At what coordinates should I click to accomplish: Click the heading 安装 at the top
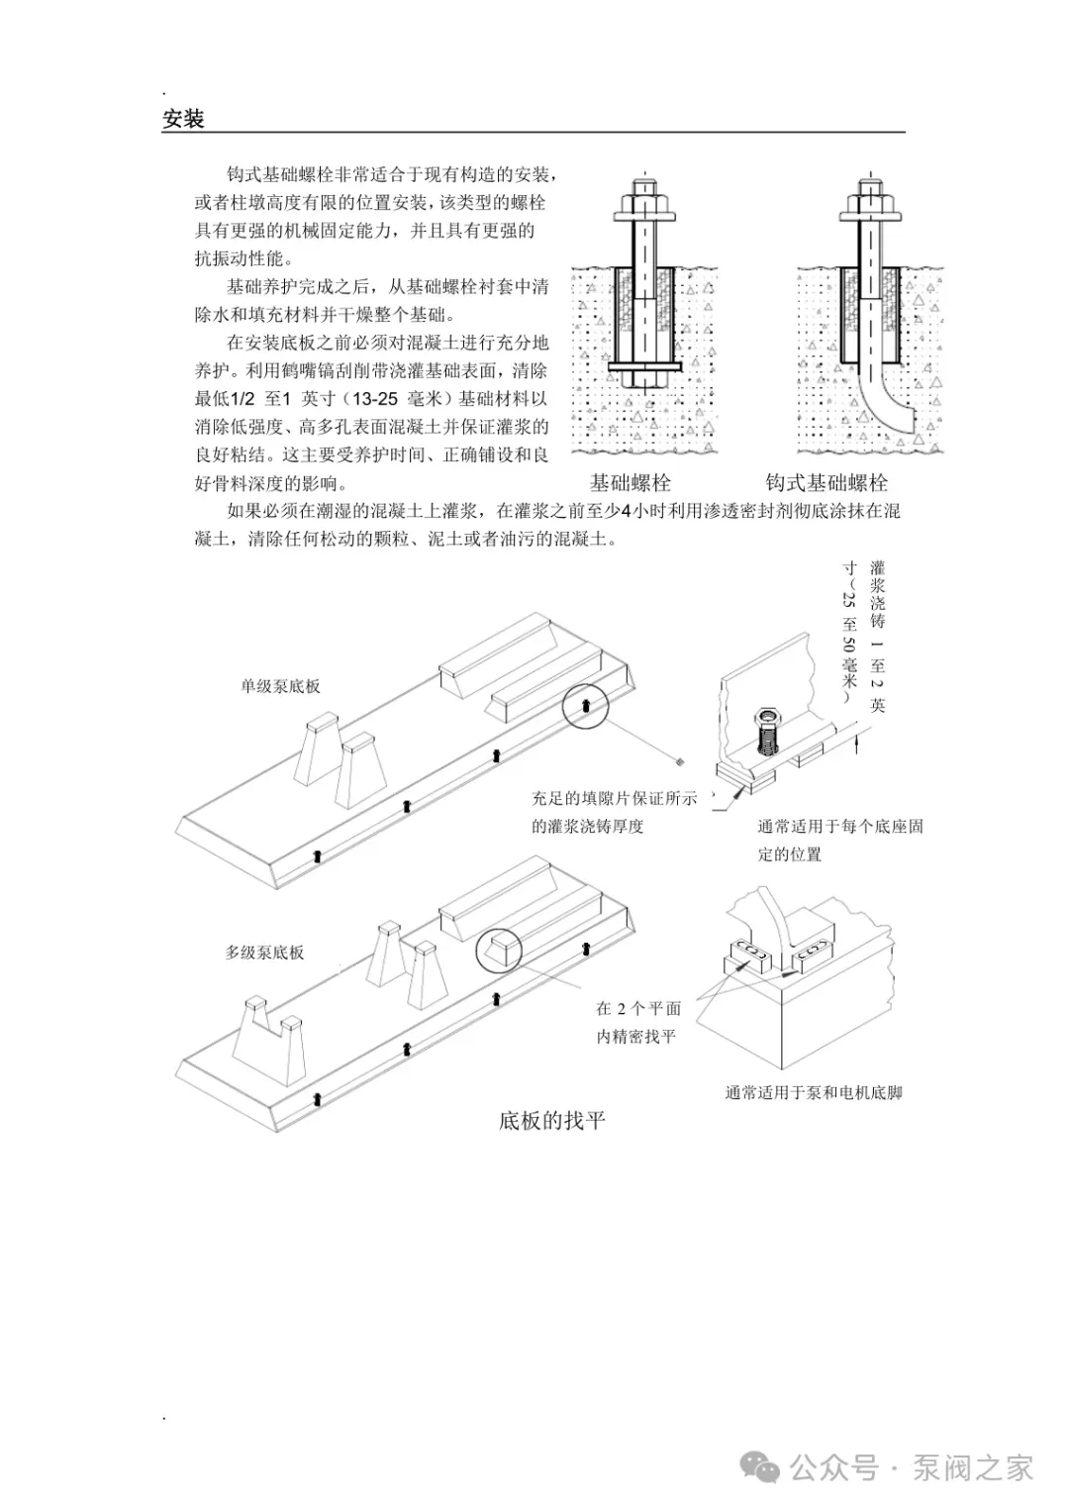coord(183,120)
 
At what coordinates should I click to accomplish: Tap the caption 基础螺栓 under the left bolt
coord(631,483)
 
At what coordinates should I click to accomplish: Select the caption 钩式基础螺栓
coord(826,483)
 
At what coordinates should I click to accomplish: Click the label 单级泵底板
coord(280,686)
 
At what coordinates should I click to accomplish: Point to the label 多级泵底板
coord(264,953)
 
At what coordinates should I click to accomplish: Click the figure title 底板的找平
coord(551,1121)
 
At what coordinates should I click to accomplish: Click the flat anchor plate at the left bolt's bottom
coord(644,367)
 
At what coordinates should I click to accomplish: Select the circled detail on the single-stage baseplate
coord(584,705)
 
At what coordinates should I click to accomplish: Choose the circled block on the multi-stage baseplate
coord(499,951)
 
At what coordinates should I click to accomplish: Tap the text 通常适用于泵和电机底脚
coord(814,1093)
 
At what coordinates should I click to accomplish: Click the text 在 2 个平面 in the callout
coord(638,1009)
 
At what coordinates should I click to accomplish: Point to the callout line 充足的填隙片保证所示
coord(614,798)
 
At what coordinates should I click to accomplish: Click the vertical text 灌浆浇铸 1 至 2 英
coord(877,634)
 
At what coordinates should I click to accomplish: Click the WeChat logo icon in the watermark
coord(762,1467)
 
